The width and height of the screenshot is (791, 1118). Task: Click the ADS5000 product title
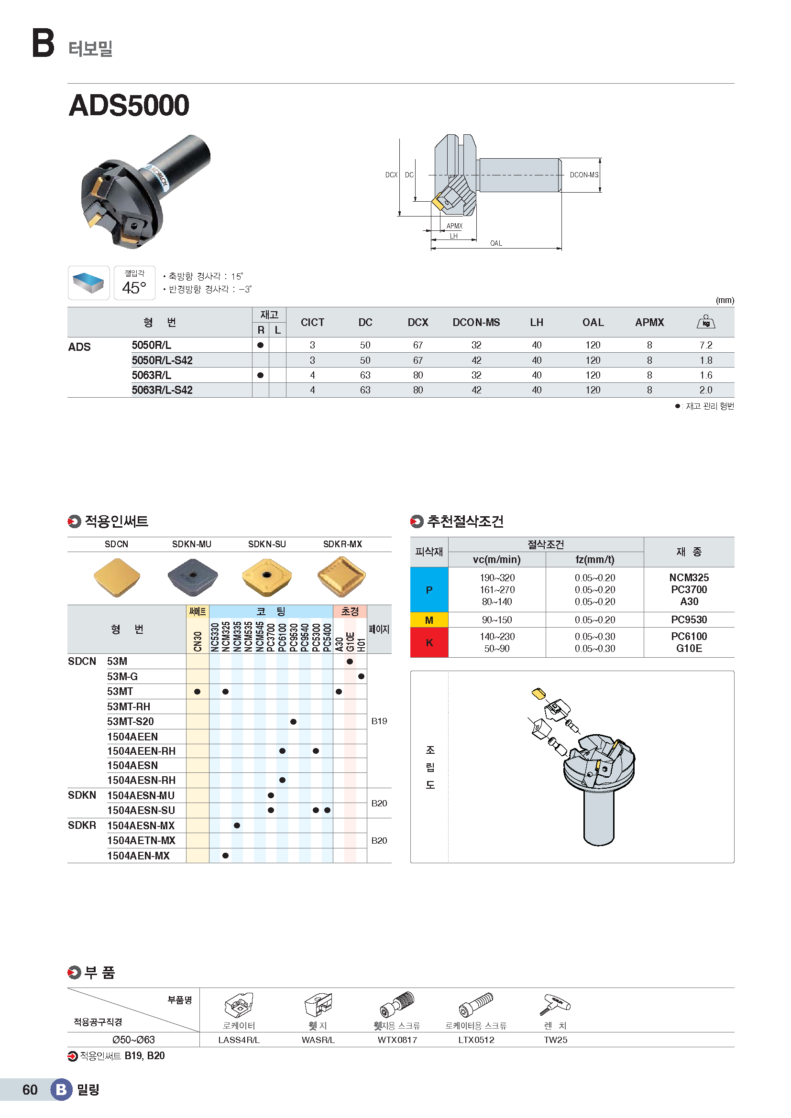[x=129, y=105]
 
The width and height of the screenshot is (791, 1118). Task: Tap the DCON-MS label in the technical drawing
[x=584, y=175]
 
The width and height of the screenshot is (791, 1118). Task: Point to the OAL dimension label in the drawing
[x=496, y=243]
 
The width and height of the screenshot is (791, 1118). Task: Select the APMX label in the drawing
[x=454, y=226]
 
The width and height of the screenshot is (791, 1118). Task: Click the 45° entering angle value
[x=134, y=288]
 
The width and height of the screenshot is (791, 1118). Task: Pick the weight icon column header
[x=705, y=322]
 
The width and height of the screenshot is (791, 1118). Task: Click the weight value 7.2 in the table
[x=705, y=345]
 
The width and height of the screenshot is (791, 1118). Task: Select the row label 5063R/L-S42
[x=162, y=390]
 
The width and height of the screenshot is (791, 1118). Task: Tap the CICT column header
[x=312, y=322]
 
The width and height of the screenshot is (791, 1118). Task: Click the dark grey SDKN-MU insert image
[x=192, y=577]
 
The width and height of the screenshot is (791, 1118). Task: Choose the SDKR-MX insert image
[x=341, y=577]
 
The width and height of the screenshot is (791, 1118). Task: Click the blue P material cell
[x=428, y=590]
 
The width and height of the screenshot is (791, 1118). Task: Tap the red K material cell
[x=428, y=642]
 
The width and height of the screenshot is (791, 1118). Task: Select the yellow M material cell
[x=428, y=620]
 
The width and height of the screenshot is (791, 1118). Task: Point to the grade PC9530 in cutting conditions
[x=689, y=620]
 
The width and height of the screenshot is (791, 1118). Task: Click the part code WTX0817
[x=397, y=1040]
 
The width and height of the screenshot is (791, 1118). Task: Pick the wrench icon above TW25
[x=555, y=1005]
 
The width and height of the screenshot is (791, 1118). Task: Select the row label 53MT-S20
[x=131, y=721]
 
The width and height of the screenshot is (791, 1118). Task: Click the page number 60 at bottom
[x=30, y=1090]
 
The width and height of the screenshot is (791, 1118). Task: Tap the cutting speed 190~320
[x=497, y=578]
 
